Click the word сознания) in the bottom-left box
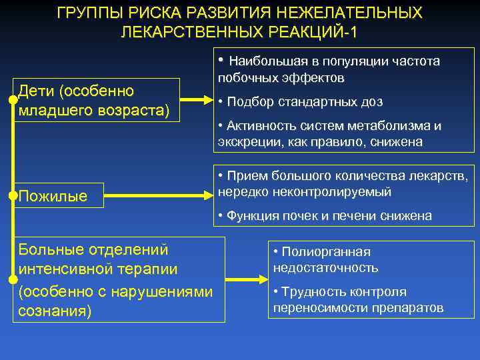[x=55, y=311]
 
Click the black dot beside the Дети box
[x=13, y=100]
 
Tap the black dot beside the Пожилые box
[x=13, y=196]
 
